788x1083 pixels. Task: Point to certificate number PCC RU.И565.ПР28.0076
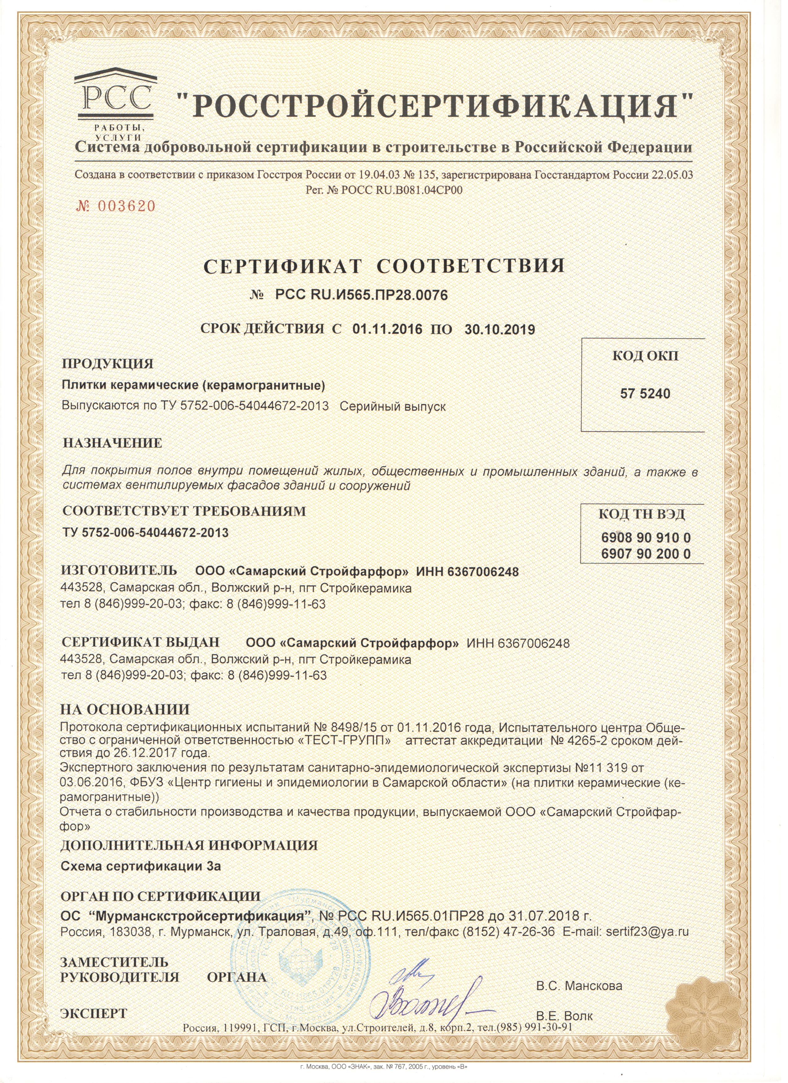[x=362, y=296]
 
